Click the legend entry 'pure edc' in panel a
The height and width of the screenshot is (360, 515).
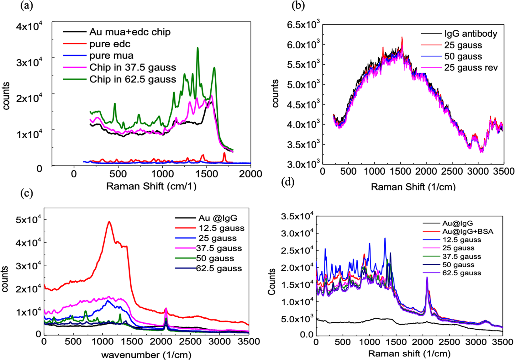(x=110, y=44)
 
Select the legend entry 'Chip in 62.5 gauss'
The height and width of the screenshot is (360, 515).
(x=133, y=79)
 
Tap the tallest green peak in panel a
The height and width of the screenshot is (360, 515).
(x=197, y=48)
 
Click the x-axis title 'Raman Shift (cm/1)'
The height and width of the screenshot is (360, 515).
(x=151, y=186)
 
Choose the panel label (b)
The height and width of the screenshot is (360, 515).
(x=298, y=6)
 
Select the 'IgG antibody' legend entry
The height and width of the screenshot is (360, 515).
(x=470, y=34)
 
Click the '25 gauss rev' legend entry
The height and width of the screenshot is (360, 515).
(x=471, y=68)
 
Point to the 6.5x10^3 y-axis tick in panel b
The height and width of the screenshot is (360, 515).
(x=303, y=24)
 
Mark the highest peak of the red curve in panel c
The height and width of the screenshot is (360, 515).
(x=109, y=222)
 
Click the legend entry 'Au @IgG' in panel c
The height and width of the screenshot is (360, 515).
(x=218, y=218)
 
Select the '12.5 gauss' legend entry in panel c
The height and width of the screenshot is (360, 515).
(x=221, y=228)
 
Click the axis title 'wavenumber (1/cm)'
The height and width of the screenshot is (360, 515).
(x=146, y=355)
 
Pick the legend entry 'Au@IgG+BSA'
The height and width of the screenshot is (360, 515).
(x=468, y=232)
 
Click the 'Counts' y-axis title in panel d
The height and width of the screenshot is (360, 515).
(x=271, y=281)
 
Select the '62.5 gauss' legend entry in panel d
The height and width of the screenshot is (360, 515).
(x=461, y=273)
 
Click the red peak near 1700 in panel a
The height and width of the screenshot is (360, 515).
(x=224, y=153)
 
